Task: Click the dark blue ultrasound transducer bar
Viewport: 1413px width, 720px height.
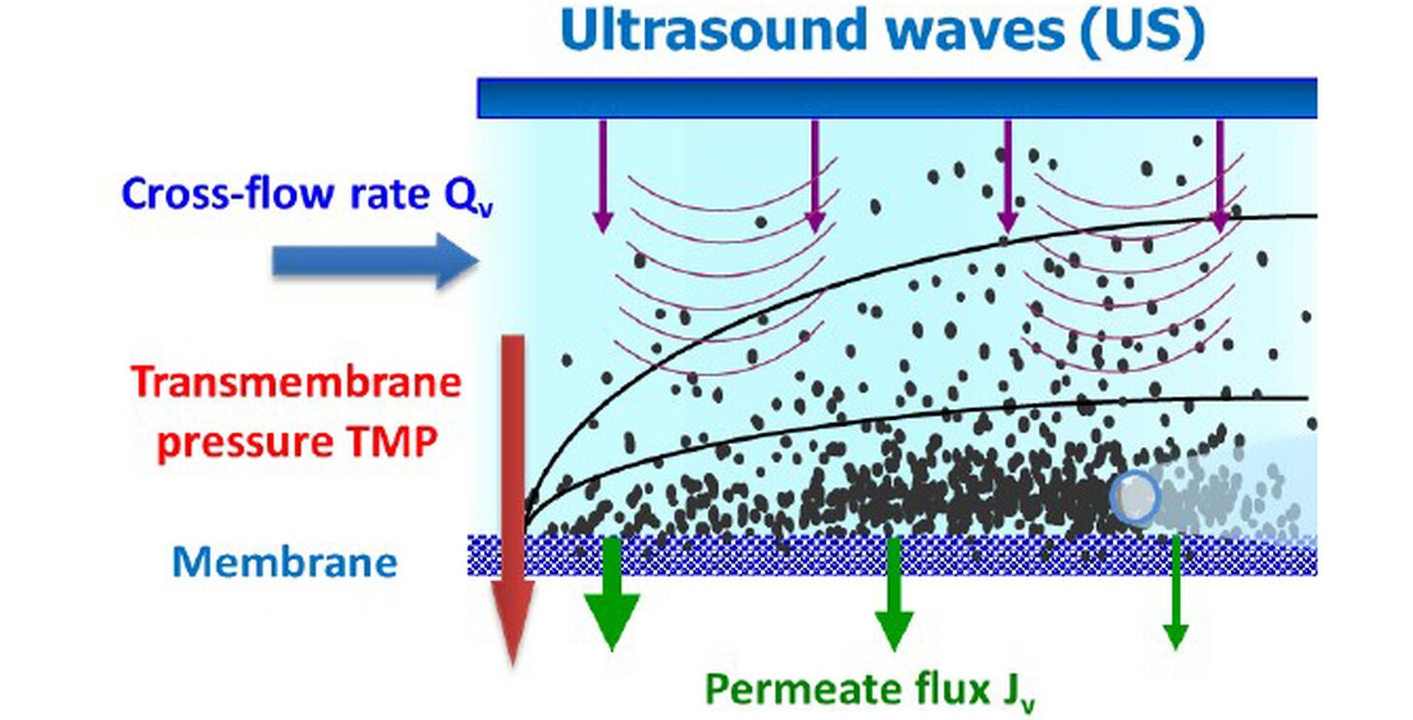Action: point(896,98)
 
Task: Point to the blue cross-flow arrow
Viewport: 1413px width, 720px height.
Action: point(375,261)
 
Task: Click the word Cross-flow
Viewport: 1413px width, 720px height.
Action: point(227,192)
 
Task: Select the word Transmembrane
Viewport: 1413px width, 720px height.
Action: point(296,382)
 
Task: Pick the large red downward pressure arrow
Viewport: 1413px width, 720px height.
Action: point(513,498)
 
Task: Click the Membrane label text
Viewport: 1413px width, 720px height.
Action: point(285,562)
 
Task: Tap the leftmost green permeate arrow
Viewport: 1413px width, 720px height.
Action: point(611,593)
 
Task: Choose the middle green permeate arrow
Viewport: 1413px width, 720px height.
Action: point(893,594)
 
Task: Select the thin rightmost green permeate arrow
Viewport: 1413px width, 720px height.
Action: point(1175,593)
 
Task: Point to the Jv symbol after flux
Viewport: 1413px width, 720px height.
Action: point(1017,692)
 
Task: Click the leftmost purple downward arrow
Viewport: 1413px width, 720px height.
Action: point(603,177)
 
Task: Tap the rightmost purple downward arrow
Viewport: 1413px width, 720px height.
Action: point(1220,177)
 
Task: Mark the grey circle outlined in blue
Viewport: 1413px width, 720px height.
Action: point(1135,497)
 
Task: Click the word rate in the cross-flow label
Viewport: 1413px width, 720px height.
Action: point(390,194)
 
